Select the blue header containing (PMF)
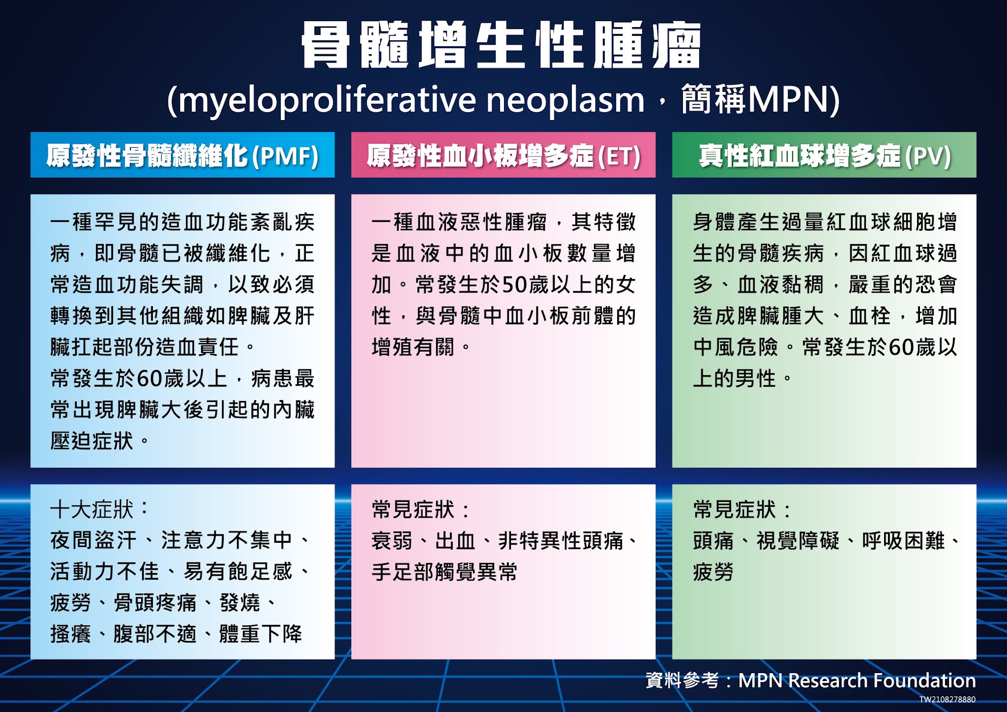click(x=182, y=155)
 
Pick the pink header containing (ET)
click(x=503, y=155)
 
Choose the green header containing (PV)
click(x=824, y=155)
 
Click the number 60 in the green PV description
click(x=901, y=347)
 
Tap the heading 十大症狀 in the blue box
click(x=91, y=509)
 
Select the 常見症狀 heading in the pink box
click(x=413, y=509)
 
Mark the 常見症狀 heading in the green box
click(x=734, y=509)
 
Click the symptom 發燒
click(x=239, y=603)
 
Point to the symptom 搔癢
click(x=70, y=634)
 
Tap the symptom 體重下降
click(x=261, y=634)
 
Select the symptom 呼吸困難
click(x=903, y=541)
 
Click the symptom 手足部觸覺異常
click(x=444, y=572)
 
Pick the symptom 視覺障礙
click(x=798, y=541)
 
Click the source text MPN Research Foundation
click(x=857, y=681)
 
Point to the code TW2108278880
click(x=948, y=699)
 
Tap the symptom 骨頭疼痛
click(x=155, y=603)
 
